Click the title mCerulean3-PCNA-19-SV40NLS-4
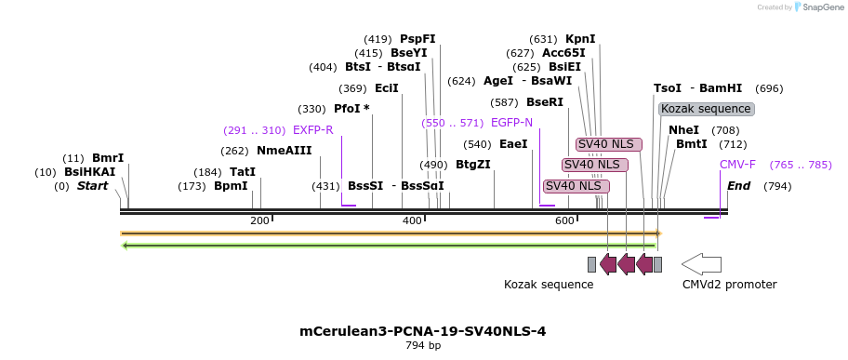point(423,331)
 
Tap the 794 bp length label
point(423,346)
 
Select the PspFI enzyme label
point(417,39)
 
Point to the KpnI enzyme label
point(580,39)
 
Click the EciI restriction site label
point(386,88)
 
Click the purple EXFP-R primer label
point(312,130)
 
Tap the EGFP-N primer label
point(511,123)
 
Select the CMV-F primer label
point(737,165)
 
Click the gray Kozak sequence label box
point(706,109)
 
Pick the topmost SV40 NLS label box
point(605,144)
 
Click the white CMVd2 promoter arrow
point(701,263)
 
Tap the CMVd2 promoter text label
point(729,284)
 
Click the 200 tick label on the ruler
point(259,220)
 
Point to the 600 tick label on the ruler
point(564,220)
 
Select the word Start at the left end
point(92,186)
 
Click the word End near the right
point(738,186)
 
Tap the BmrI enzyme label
point(108,158)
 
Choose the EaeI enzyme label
point(513,144)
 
